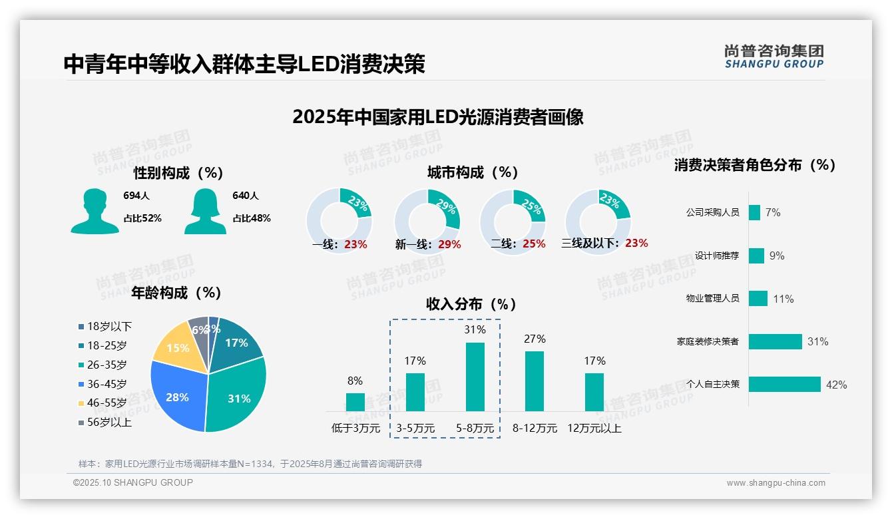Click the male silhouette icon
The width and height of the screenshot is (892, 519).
[95, 212]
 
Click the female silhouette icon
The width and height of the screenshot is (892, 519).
[205, 212]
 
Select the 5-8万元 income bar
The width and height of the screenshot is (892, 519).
[475, 377]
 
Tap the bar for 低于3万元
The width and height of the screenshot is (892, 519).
[355, 402]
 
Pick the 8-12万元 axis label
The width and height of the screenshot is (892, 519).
[535, 429]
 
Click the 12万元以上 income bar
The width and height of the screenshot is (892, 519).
[594, 392]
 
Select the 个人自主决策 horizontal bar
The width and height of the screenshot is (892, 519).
[784, 385]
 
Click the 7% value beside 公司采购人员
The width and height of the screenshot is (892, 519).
[773, 212]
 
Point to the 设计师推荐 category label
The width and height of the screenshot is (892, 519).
[716, 256]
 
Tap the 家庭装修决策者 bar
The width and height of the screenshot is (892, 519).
[775, 341]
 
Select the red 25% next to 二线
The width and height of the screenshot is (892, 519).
[534, 244]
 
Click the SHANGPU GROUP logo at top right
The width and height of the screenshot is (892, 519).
[774, 57]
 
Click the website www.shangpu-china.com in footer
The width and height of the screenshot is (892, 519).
[776, 483]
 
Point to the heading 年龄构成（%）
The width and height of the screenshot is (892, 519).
[176, 293]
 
